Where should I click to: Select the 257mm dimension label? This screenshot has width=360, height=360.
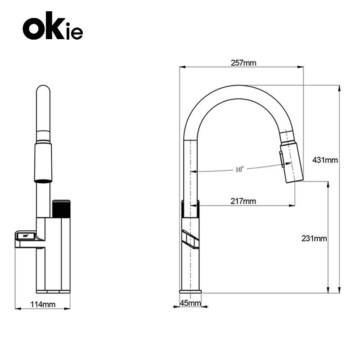point(243,63)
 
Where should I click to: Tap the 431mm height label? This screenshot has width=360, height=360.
point(325,160)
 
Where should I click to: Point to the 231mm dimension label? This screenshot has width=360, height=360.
point(314,238)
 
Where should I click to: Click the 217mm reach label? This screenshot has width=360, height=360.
point(243,201)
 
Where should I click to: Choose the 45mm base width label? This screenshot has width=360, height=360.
point(190,303)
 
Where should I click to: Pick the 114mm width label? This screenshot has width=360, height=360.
point(43,304)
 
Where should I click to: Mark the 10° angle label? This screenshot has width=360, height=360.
point(239,170)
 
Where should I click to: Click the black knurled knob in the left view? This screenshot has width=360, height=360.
point(61,209)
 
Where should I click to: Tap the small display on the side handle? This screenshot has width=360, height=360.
point(26,236)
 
